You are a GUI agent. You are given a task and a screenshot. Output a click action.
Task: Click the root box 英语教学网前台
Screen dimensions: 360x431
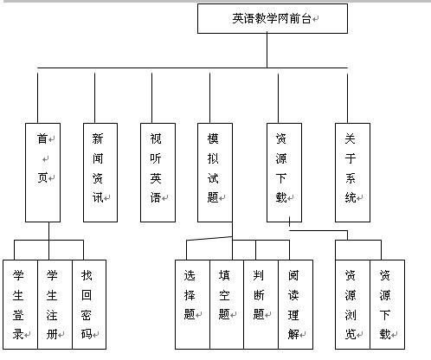pos(272,18)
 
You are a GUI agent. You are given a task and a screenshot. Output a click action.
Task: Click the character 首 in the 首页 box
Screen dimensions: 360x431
pos(42,138)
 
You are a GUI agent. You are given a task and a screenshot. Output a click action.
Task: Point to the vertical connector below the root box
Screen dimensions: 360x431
pos(267,50)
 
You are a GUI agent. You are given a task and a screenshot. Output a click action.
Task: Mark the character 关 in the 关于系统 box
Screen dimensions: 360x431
pos(351,138)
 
